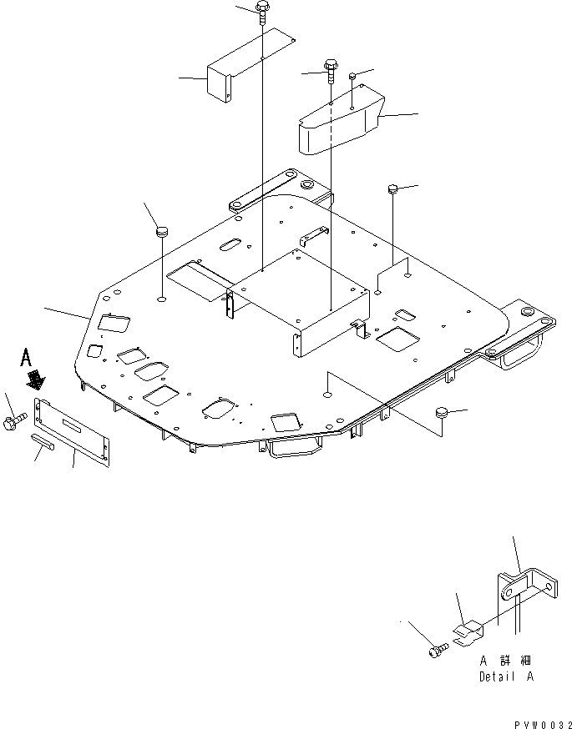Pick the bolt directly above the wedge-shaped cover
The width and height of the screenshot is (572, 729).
click(332, 71)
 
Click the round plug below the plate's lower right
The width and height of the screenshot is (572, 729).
click(442, 413)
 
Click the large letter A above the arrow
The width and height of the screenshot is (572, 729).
click(27, 359)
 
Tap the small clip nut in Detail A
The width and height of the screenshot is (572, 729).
click(469, 631)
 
